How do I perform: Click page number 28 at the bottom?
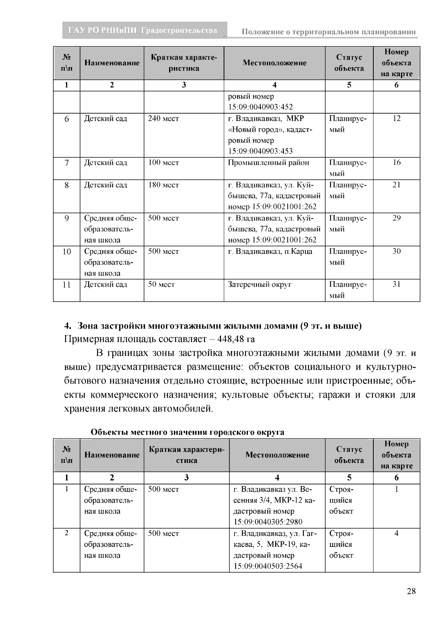pyautogui.click(x=411, y=591)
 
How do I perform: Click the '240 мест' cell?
pyautogui.click(x=164, y=119)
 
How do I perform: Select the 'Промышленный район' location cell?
pyautogui.click(x=269, y=163)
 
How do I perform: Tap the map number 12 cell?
pyautogui.click(x=396, y=119)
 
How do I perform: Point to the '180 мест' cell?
pyautogui.click(x=164, y=185)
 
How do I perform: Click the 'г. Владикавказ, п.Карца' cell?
pyautogui.click(x=270, y=251)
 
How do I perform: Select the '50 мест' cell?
pyautogui.click(x=161, y=285)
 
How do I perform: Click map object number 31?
pyautogui.click(x=396, y=285)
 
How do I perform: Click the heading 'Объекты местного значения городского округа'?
pyautogui.click(x=187, y=432)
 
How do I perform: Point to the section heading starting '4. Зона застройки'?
pyautogui.click(x=213, y=326)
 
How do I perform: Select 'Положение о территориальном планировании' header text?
pyautogui.click(x=329, y=32)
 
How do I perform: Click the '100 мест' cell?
pyautogui.click(x=164, y=163)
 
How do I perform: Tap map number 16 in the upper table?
pyautogui.click(x=396, y=163)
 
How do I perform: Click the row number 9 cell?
pyautogui.click(x=66, y=219)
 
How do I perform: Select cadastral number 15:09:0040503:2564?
pyautogui.click(x=268, y=566)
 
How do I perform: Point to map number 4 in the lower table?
pyautogui.click(x=396, y=533)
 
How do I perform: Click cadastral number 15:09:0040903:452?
pyautogui.click(x=261, y=107)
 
